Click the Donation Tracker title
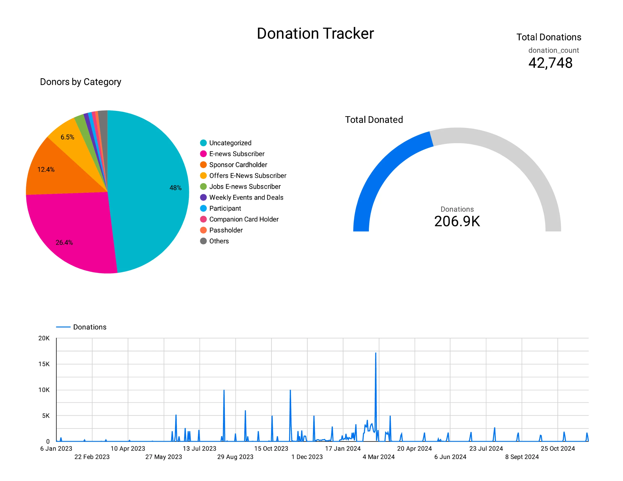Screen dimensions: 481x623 [x=315, y=33]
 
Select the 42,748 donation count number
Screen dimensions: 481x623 [x=550, y=63]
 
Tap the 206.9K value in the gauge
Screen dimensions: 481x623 [x=457, y=221]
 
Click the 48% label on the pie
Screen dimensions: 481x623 [x=175, y=188]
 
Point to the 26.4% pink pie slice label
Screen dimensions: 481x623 [x=64, y=242]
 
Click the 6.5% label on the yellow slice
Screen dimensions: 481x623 [x=67, y=137]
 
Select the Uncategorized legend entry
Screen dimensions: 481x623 [x=230, y=143]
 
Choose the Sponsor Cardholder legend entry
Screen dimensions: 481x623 [x=238, y=165]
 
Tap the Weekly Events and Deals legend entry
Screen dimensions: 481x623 [x=246, y=197]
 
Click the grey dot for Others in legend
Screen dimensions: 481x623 [x=203, y=241]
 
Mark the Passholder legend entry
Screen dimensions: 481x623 [x=226, y=230]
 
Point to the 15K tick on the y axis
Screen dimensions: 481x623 [x=44, y=364]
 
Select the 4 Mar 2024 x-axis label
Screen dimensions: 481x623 [x=378, y=457]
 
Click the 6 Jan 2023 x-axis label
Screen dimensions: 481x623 [x=56, y=448]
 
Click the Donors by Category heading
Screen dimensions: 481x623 [x=81, y=82]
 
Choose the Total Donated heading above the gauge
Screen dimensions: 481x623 [x=374, y=119]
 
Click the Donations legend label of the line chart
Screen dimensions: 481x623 [x=90, y=327]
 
